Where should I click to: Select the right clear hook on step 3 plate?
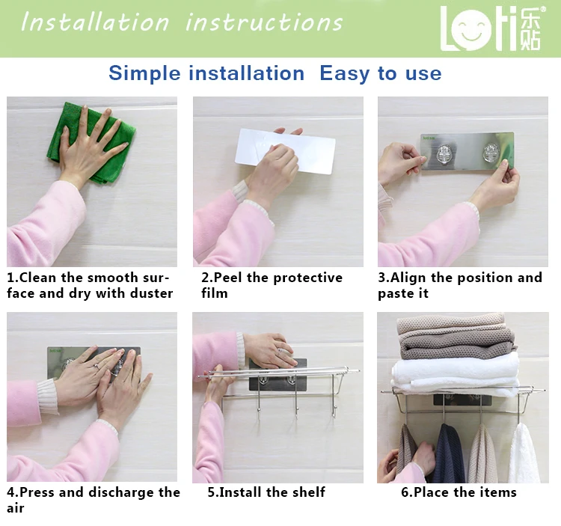(491, 155)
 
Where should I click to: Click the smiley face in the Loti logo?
(470, 29)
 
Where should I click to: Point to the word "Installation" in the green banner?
(96, 22)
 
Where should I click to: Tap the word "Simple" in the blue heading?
(144, 74)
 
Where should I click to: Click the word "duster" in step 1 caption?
(152, 293)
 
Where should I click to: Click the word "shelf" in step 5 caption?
(308, 492)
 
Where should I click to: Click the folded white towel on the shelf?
(455, 372)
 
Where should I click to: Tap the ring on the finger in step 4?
(96, 366)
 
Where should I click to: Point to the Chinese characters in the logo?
(531, 28)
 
